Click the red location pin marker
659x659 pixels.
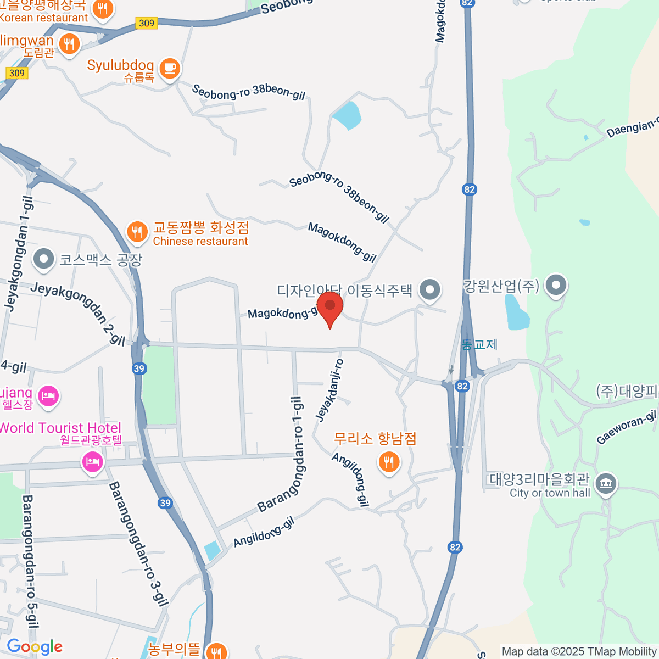tap(330, 308)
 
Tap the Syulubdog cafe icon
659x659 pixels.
tap(170, 68)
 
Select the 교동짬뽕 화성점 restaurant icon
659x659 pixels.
tap(137, 232)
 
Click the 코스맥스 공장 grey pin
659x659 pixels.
tap(43, 259)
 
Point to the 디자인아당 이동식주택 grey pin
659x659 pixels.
tap(429, 289)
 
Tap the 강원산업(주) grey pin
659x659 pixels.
tap(557, 286)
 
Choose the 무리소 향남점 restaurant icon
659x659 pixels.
tap(389, 462)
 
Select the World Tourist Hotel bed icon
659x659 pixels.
tap(92, 461)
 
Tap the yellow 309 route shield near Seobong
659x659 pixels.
tap(147, 23)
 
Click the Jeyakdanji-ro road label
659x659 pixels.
tap(329, 390)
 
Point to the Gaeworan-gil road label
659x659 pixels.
tap(626, 428)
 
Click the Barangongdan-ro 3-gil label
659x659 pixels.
tap(138, 544)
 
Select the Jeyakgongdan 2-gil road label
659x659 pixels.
tap(77, 313)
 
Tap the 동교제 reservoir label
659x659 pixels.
tap(479, 345)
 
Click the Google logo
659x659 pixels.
tap(35, 647)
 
